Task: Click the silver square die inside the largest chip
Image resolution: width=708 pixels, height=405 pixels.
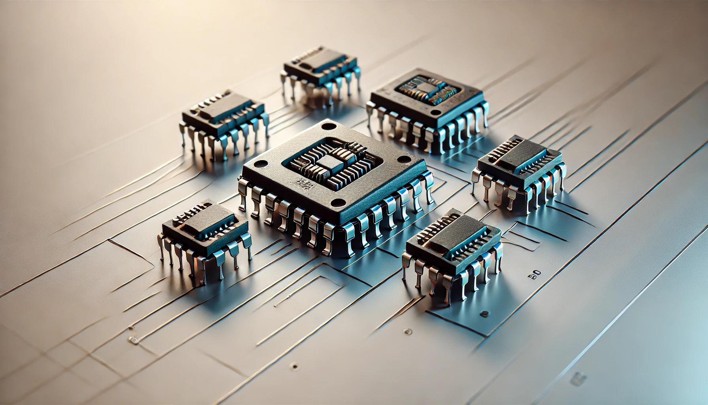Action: click(329, 163)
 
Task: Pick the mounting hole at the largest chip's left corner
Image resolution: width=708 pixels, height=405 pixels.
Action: click(260, 164)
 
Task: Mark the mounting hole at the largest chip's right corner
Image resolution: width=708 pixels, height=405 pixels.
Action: click(404, 159)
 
